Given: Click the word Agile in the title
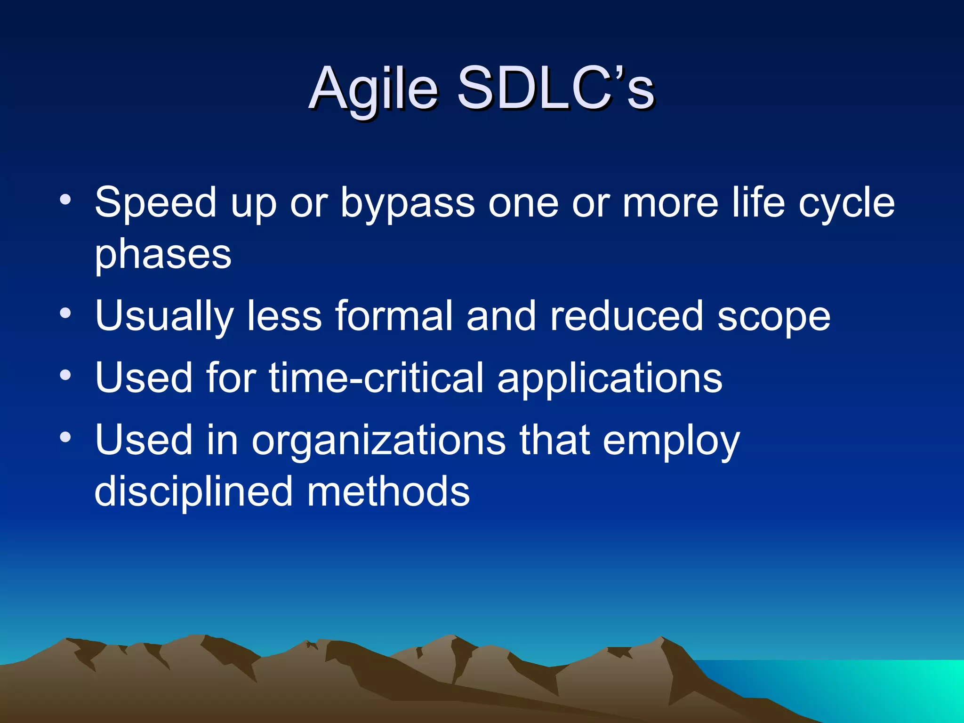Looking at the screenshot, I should [x=374, y=89].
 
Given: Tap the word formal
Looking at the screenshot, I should [x=394, y=316].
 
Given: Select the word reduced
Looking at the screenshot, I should [x=627, y=316].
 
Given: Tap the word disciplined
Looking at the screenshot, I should [x=193, y=492].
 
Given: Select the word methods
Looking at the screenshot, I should [x=388, y=491].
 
